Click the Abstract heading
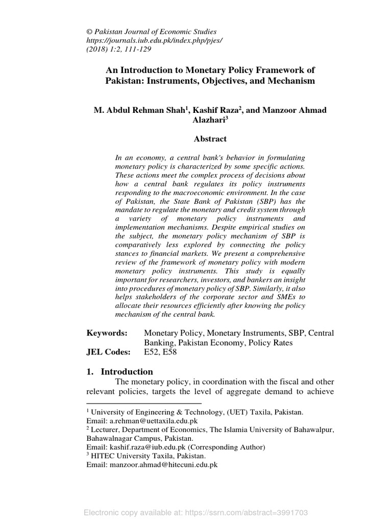pyautogui.click(x=210, y=138)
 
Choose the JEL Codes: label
pyautogui.click(x=108, y=352)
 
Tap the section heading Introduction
pyautogui.click(x=127, y=371)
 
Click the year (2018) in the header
pyautogui.click(x=98, y=49)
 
